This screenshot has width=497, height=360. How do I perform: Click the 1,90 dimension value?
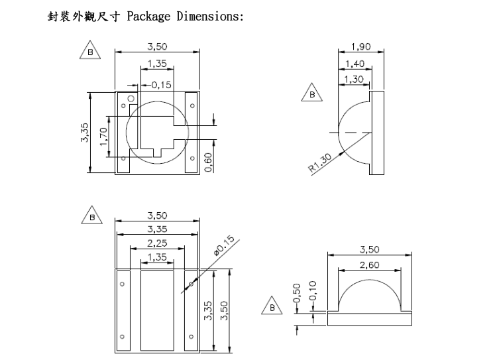[359, 47]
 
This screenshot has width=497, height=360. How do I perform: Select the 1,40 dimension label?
[355, 64]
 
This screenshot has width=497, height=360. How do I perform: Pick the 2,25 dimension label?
[157, 243]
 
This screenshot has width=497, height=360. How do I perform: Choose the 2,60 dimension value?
[369, 265]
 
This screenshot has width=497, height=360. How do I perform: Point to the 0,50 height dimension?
[297, 293]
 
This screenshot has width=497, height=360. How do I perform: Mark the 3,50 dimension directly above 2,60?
[370, 250]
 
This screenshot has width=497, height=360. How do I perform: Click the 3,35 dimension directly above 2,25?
[157, 229]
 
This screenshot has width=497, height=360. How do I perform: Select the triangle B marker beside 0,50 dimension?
[271, 306]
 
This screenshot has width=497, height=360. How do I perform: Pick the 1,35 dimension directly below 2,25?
[157, 257]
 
